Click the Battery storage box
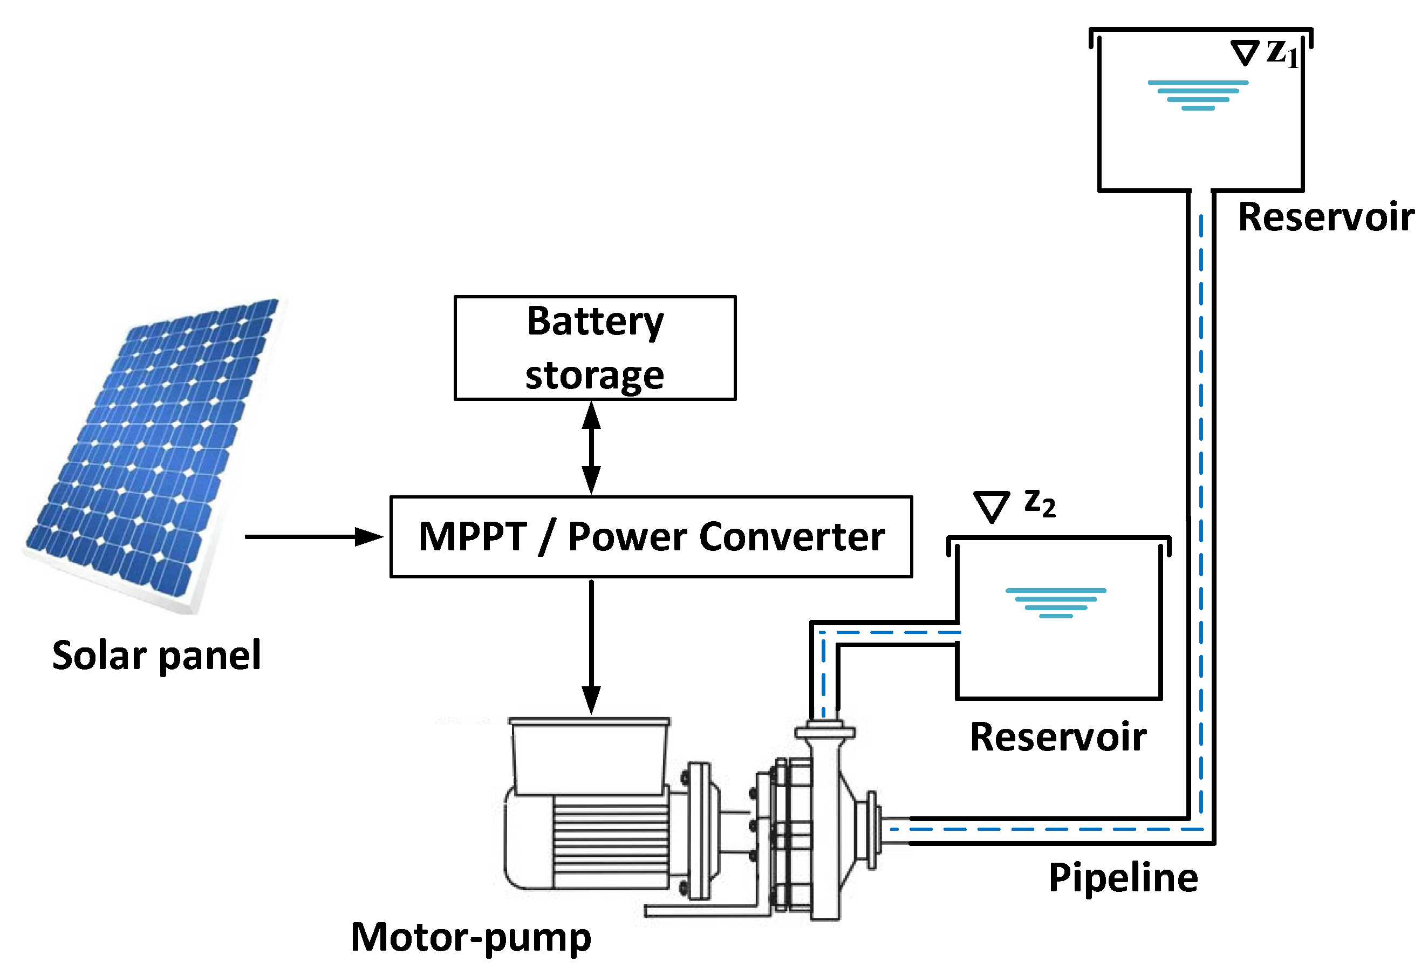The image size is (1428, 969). click(595, 349)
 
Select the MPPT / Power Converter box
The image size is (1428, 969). click(651, 536)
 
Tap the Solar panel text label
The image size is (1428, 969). click(156, 655)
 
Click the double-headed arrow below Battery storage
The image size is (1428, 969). click(591, 448)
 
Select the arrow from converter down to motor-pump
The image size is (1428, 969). click(591, 645)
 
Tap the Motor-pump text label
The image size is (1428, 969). click(470, 937)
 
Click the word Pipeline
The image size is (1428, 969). click(1123, 877)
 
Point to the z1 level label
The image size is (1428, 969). click(1283, 53)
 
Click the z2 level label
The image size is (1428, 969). click(1040, 503)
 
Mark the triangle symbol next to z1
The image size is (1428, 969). click(1245, 53)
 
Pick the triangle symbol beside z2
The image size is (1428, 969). click(992, 506)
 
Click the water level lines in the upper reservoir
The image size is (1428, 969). click(1198, 95)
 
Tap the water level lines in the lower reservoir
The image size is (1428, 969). click(1056, 603)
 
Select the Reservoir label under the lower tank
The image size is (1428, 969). click(1058, 737)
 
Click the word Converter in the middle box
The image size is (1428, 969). click(792, 537)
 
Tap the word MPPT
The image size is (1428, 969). click(473, 537)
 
